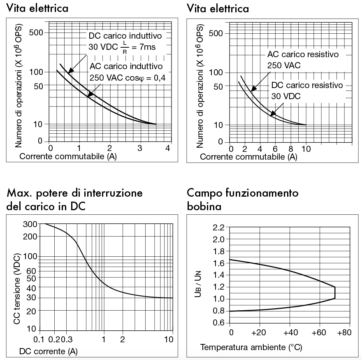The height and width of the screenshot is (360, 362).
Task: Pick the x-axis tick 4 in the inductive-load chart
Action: pos(167,148)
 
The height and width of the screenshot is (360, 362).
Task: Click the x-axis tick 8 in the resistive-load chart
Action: pos(291,149)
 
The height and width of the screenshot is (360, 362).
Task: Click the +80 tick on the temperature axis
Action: pos(344,332)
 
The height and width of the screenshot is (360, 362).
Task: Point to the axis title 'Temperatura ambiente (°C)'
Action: pos(251,348)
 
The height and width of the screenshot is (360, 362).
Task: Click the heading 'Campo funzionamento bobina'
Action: pos(243,199)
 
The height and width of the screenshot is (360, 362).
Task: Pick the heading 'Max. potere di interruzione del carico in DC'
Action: pos(75,199)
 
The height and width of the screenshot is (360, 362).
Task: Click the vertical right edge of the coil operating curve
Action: pos(335,293)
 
